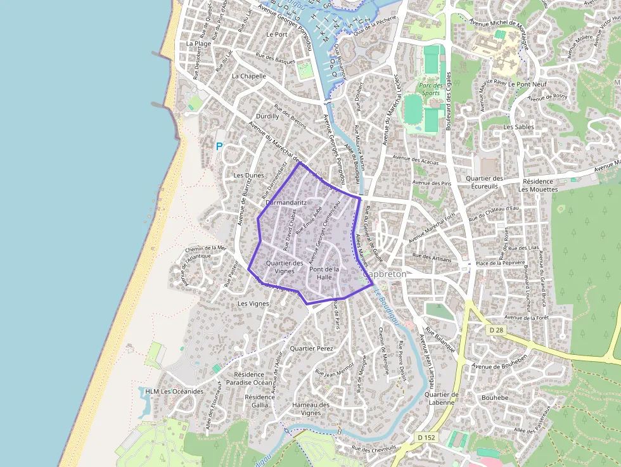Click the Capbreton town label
point(385,274)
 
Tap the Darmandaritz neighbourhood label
point(286,203)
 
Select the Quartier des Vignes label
point(285,267)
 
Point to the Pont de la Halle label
point(324,273)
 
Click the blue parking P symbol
point(220,146)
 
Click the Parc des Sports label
point(430,89)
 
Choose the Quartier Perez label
point(310,349)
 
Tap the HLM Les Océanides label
point(174,391)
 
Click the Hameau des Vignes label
point(310,409)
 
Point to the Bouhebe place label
point(495,397)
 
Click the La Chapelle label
point(249,76)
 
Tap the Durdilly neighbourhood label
point(267,117)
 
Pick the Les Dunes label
point(248,175)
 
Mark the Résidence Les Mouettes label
point(535,185)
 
